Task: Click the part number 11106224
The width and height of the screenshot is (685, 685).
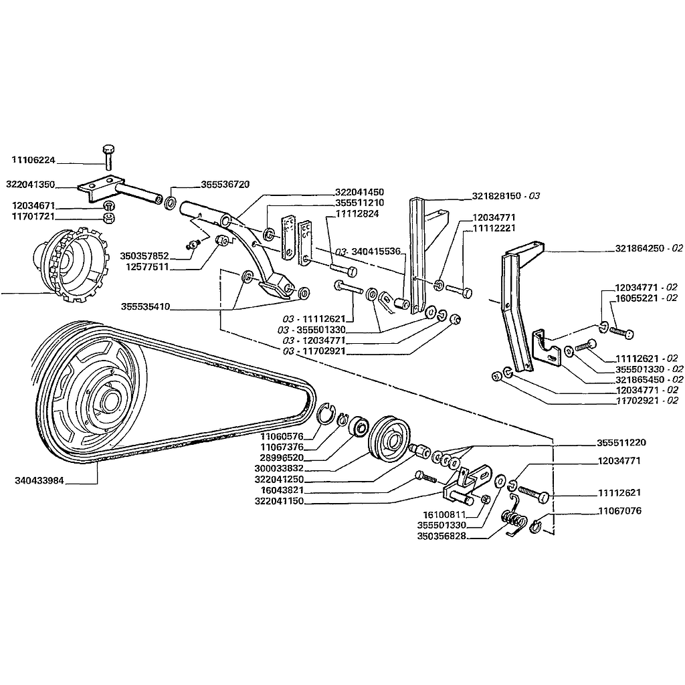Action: tap(33, 161)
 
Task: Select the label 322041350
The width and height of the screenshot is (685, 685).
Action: tap(31, 184)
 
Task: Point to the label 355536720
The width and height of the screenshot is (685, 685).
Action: tap(225, 184)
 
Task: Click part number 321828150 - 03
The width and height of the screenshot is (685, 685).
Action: tap(506, 196)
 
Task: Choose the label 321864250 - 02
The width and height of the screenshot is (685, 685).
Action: tap(649, 248)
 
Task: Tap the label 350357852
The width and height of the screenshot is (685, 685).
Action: tap(144, 256)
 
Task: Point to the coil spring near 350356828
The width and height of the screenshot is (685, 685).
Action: tap(513, 518)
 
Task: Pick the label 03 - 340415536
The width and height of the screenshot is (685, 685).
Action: tap(367, 252)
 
